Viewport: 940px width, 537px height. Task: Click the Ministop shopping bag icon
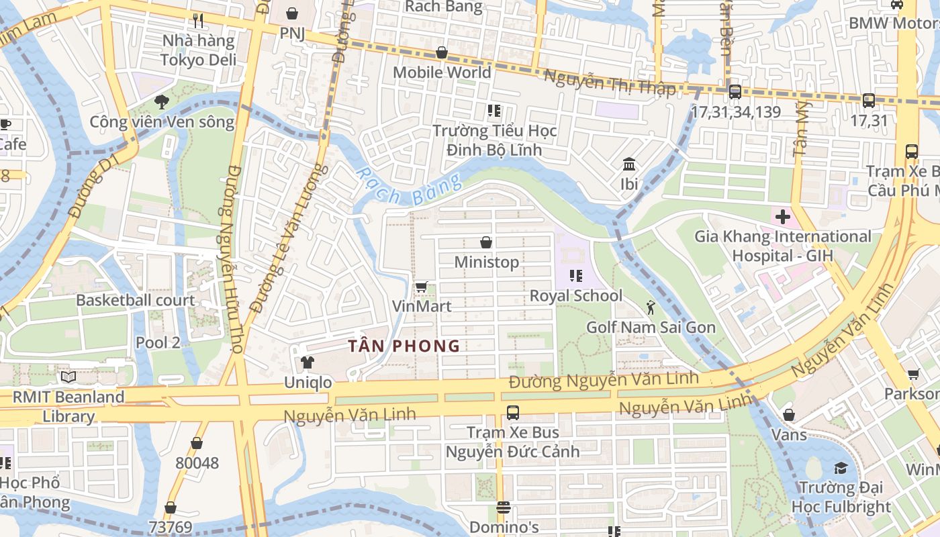pos(485,242)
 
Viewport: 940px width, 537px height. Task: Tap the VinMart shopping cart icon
pos(421,287)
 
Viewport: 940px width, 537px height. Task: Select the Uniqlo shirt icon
pos(308,362)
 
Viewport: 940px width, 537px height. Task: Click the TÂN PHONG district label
pos(404,346)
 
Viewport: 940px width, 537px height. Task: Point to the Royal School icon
pos(575,275)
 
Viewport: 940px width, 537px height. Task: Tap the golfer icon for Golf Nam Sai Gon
pos(650,307)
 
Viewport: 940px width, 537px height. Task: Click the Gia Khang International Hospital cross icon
pos(782,217)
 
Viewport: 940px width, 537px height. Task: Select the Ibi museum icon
pos(629,164)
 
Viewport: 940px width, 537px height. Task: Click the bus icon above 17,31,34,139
pos(735,92)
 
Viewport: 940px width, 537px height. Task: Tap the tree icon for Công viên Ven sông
pos(161,102)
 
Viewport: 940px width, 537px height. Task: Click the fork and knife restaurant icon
pos(197,21)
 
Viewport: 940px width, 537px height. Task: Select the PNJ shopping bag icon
pos(292,13)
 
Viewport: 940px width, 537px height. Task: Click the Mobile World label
pos(442,72)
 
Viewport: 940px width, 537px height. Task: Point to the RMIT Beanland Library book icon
pos(68,377)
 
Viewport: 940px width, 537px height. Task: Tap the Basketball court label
pos(135,300)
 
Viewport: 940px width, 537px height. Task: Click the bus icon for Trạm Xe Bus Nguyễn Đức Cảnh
pos(512,412)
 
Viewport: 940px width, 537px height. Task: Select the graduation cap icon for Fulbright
pos(840,467)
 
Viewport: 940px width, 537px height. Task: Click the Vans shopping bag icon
pos(789,415)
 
